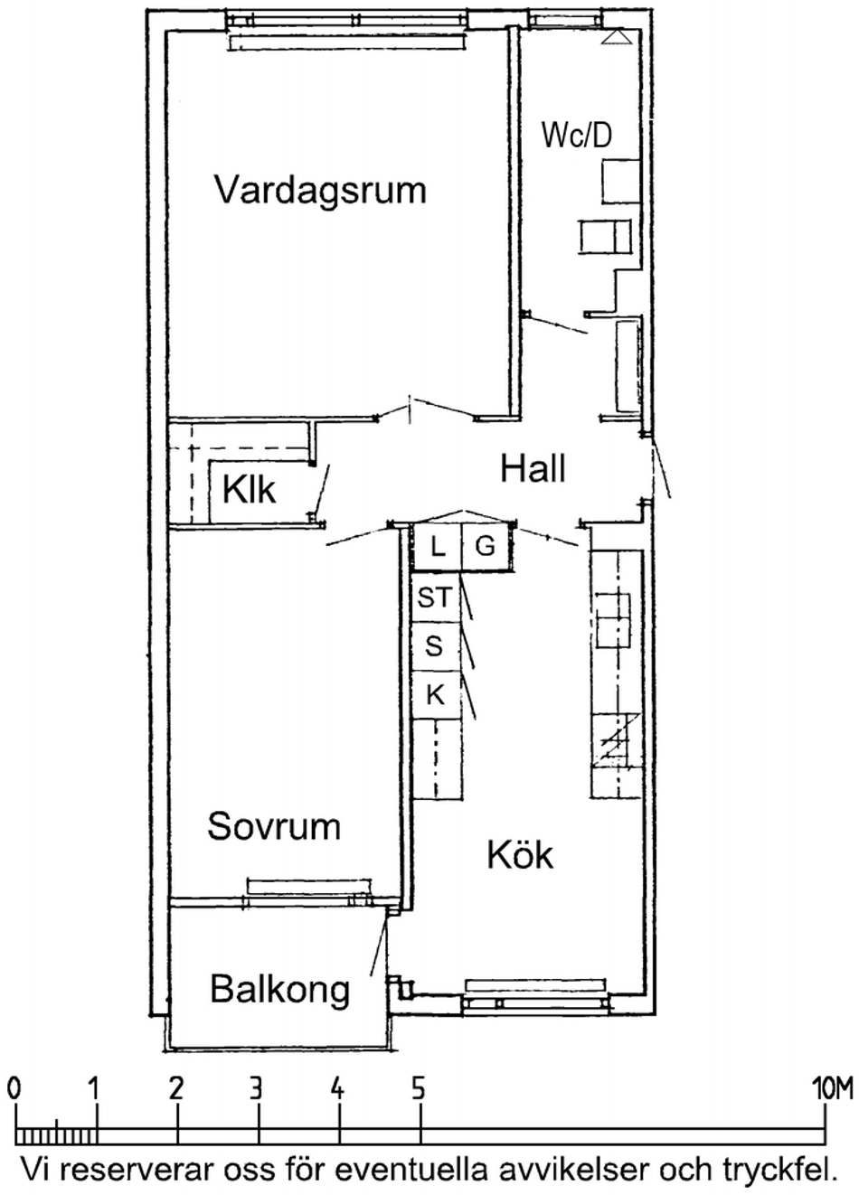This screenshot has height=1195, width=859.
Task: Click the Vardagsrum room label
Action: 320,190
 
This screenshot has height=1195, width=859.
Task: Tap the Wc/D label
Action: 577,135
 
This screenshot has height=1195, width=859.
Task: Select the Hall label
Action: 533,469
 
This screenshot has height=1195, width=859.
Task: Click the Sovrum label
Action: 274,826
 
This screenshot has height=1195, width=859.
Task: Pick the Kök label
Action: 520,854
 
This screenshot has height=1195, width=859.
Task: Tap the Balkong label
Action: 280,989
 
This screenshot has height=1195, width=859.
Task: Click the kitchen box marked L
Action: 438,548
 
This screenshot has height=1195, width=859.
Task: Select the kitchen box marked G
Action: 485,548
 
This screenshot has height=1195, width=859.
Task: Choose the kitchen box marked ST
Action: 435,597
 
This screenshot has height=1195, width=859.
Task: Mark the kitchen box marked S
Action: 435,646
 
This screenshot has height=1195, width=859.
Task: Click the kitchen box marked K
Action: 435,695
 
